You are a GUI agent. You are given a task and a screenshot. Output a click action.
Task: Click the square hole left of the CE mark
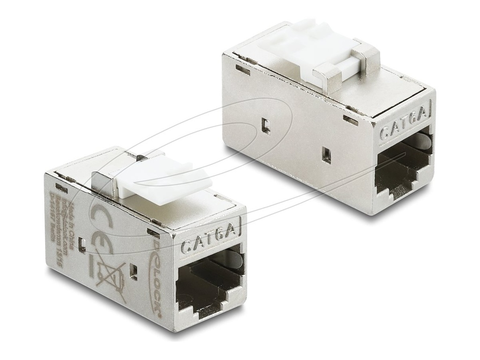coord(82,244)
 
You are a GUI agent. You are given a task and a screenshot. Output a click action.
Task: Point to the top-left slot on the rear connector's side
coord(242,69)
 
